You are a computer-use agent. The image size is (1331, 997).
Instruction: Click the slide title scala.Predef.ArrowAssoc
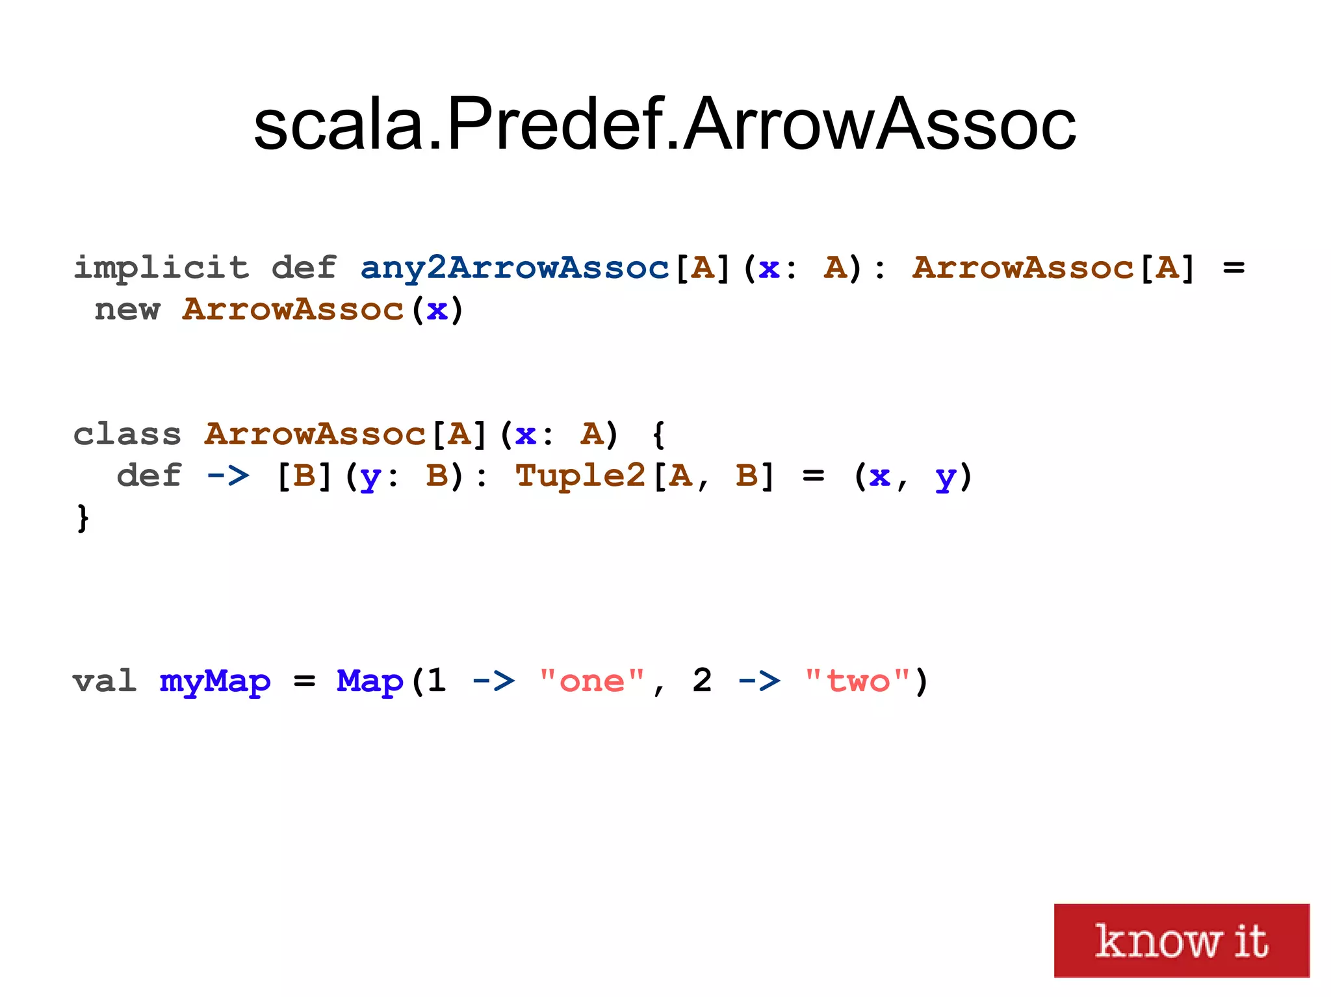[664, 123]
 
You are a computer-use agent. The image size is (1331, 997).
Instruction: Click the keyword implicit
[161, 268]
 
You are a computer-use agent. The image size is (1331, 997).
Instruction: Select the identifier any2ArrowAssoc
[514, 268]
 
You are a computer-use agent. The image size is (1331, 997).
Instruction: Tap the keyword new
[127, 310]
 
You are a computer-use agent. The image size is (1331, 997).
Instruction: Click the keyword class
[127, 434]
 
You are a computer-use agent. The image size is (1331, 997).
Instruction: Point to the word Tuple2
[580, 475]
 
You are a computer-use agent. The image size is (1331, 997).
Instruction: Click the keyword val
[105, 681]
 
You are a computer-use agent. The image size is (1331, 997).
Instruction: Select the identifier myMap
[215, 681]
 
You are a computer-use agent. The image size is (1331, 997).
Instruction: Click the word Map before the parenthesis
[369, 681]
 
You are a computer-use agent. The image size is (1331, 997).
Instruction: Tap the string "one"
[591, 681]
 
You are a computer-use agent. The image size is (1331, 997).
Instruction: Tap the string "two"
[857, 681]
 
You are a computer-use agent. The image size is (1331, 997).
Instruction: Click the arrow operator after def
[227, 475]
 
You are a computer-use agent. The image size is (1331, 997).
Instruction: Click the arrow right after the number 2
[758, 681]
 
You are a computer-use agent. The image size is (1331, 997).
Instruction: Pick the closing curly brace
[83, 518]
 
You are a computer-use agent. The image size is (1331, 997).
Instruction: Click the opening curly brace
[658, 434]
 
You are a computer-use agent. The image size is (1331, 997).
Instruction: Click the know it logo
[1181, 940]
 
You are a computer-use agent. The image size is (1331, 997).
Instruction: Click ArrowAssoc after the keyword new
[293, 310]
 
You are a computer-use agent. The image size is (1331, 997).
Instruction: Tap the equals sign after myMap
[304, 681]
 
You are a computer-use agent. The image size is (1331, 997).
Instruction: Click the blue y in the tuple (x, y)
[944, 477]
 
